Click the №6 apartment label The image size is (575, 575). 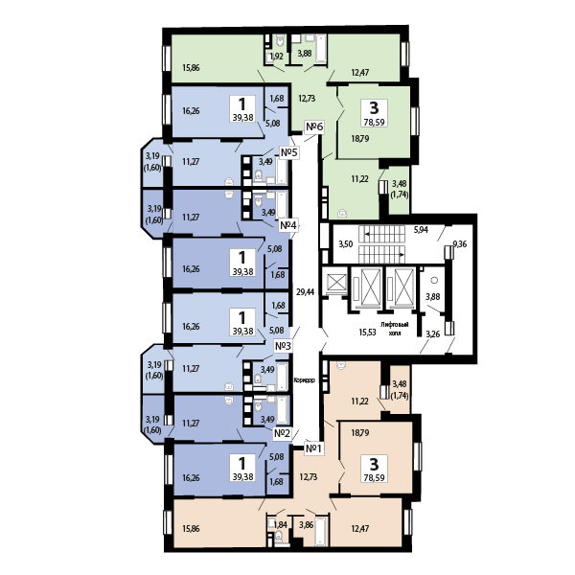coord(314,126)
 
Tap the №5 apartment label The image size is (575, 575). coord(289,152)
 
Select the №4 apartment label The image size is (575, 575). coord(288,225)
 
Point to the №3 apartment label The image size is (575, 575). coord(283,346)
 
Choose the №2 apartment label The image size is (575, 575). coord(283,434)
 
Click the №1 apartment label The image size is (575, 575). coord(314,448)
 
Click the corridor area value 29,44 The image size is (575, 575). coord(305,292)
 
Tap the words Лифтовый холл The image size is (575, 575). coord(394,329)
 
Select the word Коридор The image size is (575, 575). coord(305,380)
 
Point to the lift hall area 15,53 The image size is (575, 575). coord(367,333)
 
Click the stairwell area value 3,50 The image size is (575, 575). coord(345,244)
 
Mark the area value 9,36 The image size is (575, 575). coord(460,244)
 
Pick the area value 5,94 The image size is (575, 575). coord(421,230)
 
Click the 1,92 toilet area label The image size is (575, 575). coord(277,57)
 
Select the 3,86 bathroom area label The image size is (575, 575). coord(307,525)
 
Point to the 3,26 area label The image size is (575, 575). coord(433,334)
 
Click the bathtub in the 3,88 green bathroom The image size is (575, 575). coord(321,47)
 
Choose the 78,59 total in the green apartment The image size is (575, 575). coord(374,122)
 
